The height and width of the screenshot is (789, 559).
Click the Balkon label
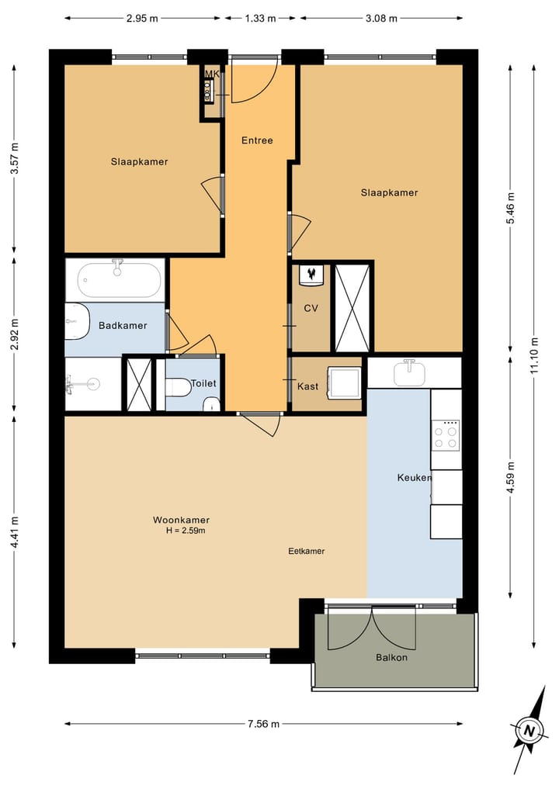[x=391, y=657]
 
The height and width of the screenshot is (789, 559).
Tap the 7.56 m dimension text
[x=263, y=724]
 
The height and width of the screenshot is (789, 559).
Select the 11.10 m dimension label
[x=534, y=355]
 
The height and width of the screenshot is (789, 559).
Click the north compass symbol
[x=529, y=730]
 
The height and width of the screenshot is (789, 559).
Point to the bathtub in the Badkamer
[x=120, y=280]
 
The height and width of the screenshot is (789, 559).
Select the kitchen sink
[x=410, y=372]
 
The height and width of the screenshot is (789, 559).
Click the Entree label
[x=257, y=140]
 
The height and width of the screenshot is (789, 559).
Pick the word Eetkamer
[x=306, y=551]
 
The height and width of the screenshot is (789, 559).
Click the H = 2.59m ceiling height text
[x=186, y=531]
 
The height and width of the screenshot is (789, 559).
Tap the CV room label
[x=311, y=308]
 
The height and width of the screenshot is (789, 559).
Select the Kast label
[x=307, y=386]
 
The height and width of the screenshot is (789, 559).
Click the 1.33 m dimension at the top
[x=260, y=19]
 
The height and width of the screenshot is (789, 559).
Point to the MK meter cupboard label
[x=212, y=74]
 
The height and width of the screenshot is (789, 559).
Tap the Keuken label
[x=415, y=478]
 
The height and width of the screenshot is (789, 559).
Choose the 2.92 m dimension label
[x=15, y=334]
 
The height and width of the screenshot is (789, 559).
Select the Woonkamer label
[x=182, y=521]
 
